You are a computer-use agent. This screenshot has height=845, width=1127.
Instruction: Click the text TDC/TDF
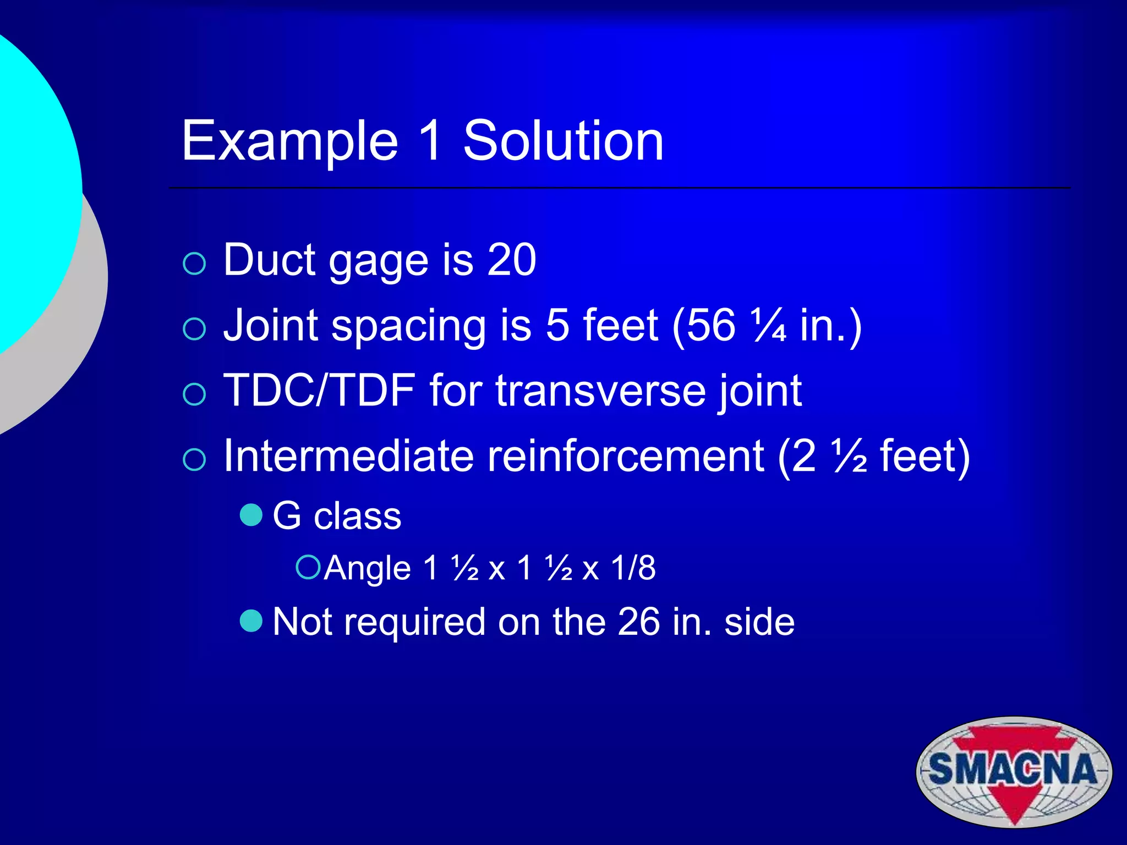click(x=319, y=390)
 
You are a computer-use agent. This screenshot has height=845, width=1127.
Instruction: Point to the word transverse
click(x=600, y=391)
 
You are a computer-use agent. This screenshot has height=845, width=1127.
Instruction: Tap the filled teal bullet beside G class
click(x=251, y=515)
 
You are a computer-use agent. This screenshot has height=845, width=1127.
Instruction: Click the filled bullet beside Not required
click(x=251, y=621)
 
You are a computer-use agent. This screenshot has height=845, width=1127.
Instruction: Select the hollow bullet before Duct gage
click(x=194, y=264)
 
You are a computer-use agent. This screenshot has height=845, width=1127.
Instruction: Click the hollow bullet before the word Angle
click(x=308, y=567)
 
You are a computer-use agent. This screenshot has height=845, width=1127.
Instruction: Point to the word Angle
click(x=367, y=568)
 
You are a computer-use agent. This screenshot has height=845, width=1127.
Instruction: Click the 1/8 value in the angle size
click(x=633, y=568)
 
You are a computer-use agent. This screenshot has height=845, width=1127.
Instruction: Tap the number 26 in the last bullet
click(x=638, y=622)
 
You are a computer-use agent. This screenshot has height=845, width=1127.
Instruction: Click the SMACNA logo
click(x=1014, y=771)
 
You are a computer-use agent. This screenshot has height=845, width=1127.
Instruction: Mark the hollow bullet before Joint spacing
click(x=194, y=329)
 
